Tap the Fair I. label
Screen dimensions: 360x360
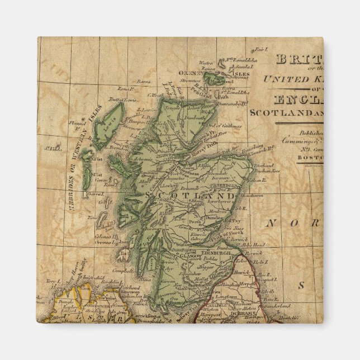coord(259,49)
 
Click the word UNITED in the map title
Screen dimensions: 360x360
coord(286,78)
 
